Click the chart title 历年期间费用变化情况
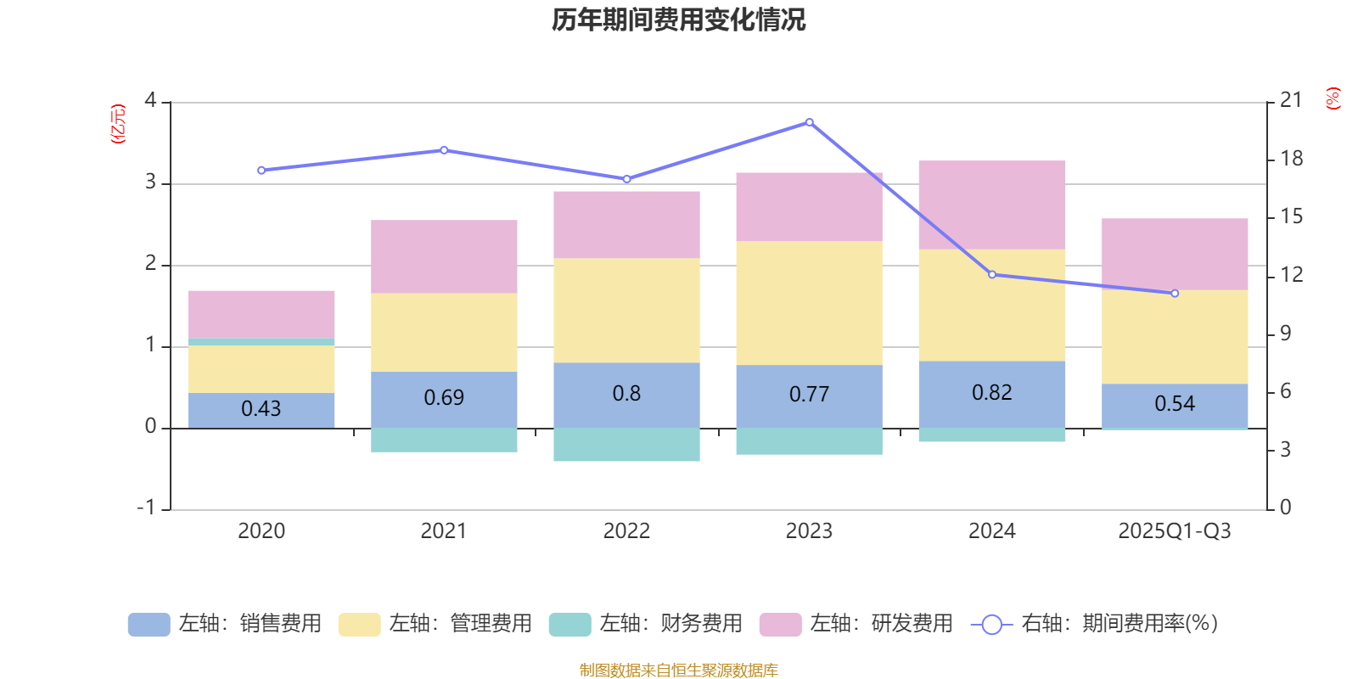[x=678, y=20]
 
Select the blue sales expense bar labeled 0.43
[x=261, y=409]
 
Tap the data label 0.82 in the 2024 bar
[x=991, y=393]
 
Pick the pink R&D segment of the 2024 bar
[x=991, y=205]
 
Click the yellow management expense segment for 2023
[x=809, y=303]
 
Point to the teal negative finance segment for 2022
[x=626, y=445]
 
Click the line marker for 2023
[x=809, y=122]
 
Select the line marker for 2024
[x=991, y=274]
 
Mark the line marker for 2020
[x=261, y=171]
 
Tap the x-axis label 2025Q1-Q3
[x=1174, y=531]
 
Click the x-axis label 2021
[x=444, y=531]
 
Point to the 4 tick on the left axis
[x=151, y=101]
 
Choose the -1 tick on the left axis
[x=147, y=508]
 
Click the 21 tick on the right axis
[x=1291, y=101]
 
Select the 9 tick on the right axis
[x=1286, y=334]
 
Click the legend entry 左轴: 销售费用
[x=225, y=624]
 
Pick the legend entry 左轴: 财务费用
[x=646, y=624]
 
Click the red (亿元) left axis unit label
[x=118, y=124]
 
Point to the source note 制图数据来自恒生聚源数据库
[x=678, y=671]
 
